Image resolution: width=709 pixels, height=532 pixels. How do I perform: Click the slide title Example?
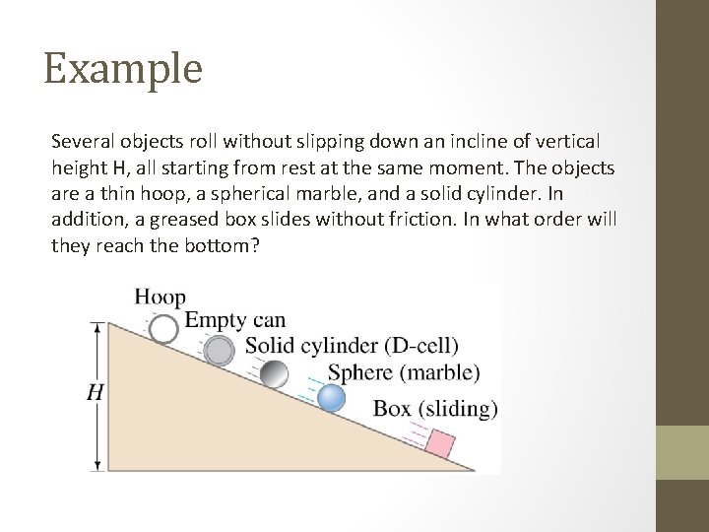pyautogui.click(x=123, y=69)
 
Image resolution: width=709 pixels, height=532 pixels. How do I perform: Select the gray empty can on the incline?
pyautogui.click(x=219, y=350)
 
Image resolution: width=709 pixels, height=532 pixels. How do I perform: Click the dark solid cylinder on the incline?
pyautogui.click(x=276, y=374)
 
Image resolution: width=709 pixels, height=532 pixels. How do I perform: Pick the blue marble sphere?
pyautogui.click(x=332, y=398)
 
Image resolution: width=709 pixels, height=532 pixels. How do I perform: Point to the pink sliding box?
pyautogui.click(x=438, y=443)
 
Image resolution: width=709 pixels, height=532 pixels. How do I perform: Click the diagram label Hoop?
pyautogui.click(x=160, y=297)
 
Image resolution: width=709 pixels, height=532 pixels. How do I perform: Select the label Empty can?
pyautogui.click(x=236, y=320)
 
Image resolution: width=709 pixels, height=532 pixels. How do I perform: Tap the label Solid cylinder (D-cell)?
pyautogui.click(x=352, y=346)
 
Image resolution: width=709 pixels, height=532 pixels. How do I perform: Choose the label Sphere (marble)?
pyautogui.click(x=404, y=372)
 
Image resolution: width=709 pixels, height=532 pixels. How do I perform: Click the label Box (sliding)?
pyautogui.click(x=435, y=408)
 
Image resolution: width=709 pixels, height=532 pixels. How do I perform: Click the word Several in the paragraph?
pyautogui.click(x=81, y=144)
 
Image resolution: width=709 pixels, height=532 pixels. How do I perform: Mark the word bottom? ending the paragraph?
pyautogui.click(x=225, y=245)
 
